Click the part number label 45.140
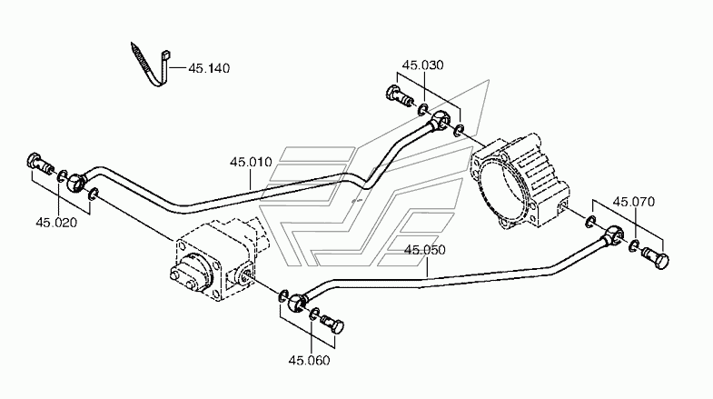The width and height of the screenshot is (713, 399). (209, 68)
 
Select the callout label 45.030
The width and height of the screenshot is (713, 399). (423, 65)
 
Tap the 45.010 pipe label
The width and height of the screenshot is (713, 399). (251, 162)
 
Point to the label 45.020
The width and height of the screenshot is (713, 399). (56, 223)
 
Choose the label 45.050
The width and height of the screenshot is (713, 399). (425, 250)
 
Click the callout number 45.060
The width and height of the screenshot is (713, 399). (309, 360)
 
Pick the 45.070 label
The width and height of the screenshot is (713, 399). (634, 201)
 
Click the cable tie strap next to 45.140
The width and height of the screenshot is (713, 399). (150, 66)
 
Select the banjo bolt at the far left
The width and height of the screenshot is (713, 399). (40, 165)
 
